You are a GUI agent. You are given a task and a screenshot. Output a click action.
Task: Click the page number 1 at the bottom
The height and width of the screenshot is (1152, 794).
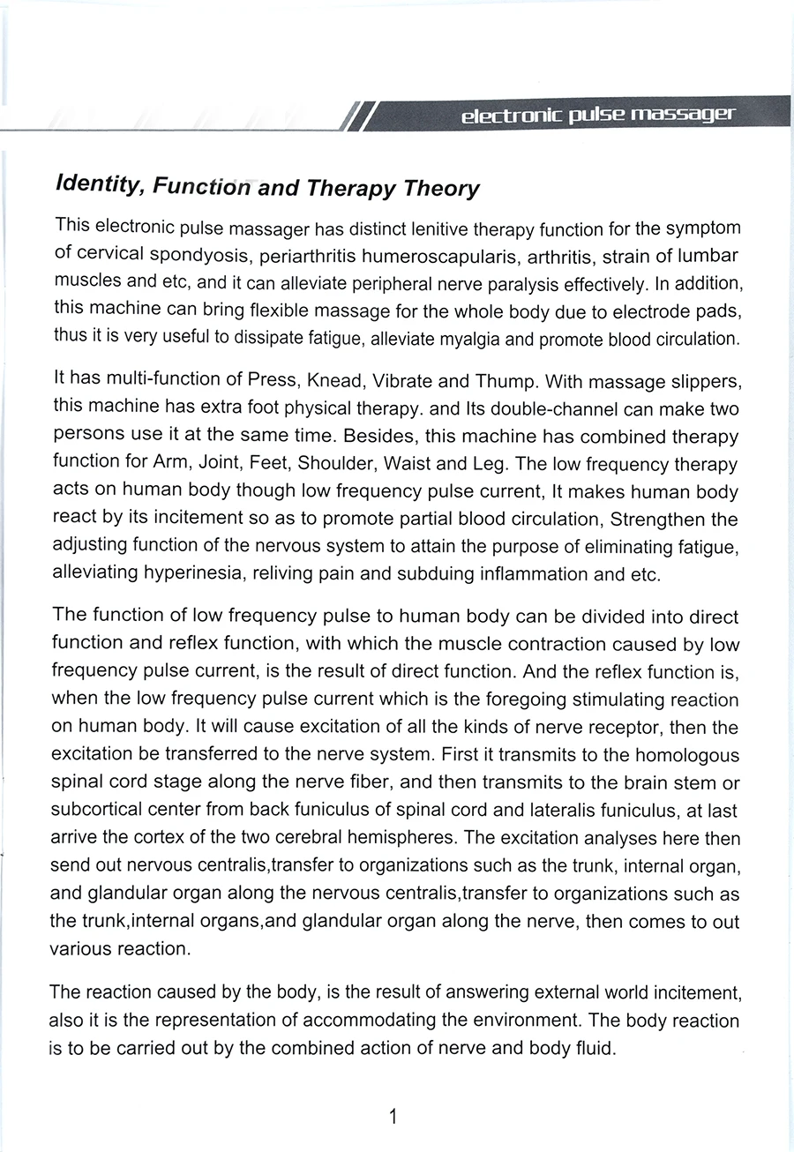393,1118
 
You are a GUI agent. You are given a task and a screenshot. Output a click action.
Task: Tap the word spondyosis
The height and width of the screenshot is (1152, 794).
187,257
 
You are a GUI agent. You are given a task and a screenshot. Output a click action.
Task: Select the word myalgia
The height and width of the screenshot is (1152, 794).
498,339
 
